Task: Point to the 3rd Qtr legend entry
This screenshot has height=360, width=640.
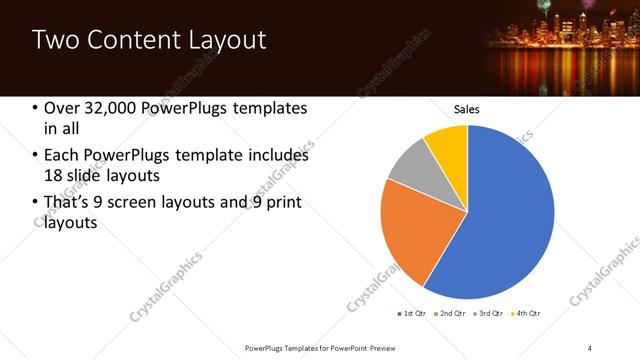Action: (489, 314)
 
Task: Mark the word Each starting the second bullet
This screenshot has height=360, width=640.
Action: (61, 156)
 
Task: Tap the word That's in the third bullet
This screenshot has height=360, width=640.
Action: (68, 203)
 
